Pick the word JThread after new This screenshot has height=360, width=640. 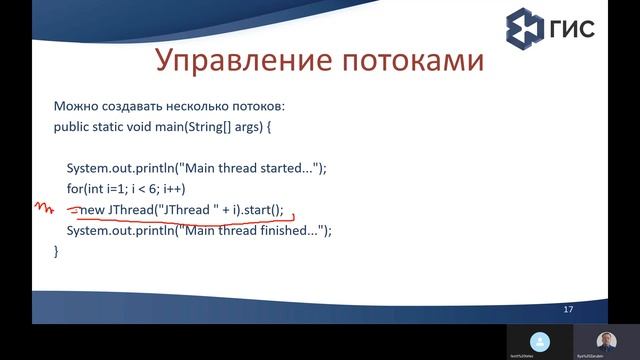pyautogui.click(x=132, y=210)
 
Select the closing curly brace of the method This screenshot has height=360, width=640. pyautogui.click(x=56, y=251)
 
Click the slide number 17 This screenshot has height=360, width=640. pyautogui.click(x=568, y=309)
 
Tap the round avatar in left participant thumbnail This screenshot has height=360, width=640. pyautogui.click(x=540, y=339)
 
